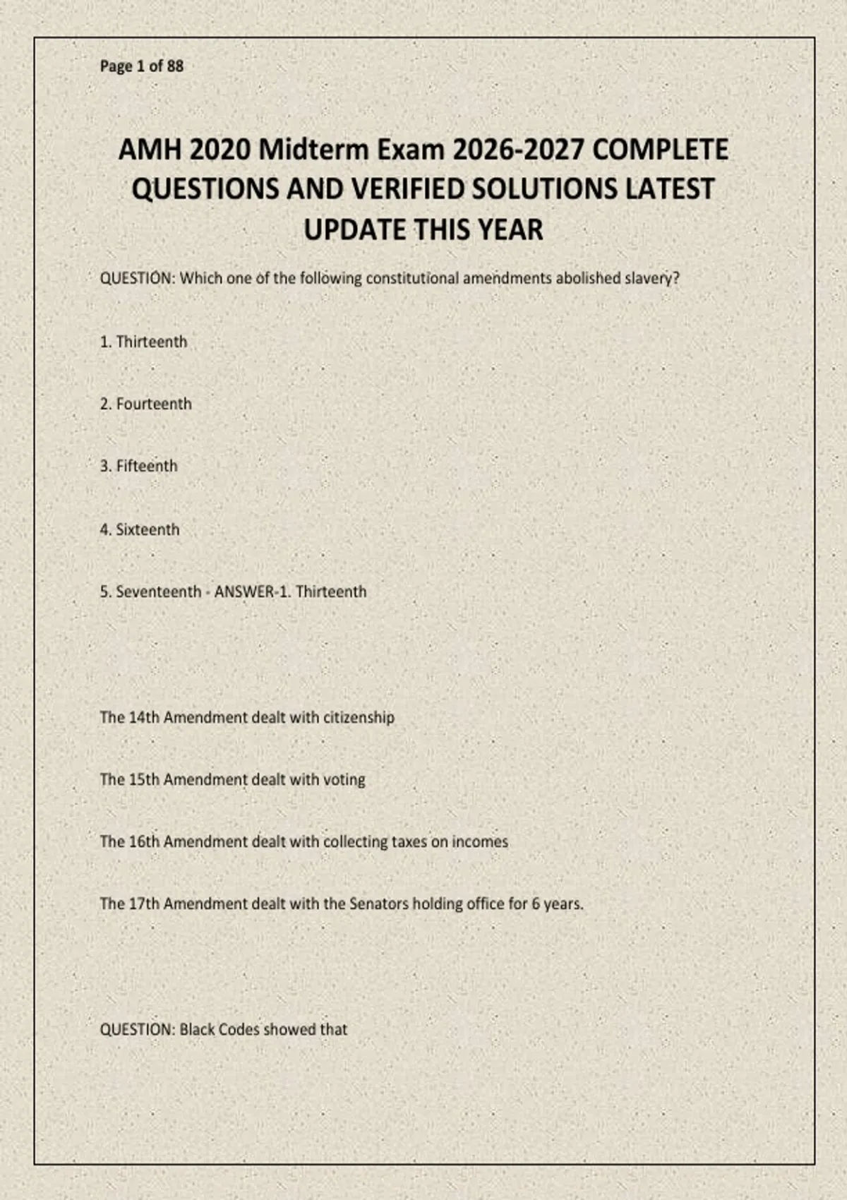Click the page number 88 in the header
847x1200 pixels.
coord(175,66)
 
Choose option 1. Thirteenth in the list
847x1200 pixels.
coord(144,342)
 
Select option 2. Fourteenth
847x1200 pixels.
coord(146,404)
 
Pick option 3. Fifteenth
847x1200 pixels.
coord(139,466)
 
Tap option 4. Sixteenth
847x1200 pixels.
coord(140,529)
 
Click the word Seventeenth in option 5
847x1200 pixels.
coord(158,592)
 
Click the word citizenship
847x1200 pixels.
coord(359,717)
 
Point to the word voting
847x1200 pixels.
coord(344,779)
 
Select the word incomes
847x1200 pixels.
coord(480,841)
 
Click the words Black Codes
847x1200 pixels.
coord(220,1029)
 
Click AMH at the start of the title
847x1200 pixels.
coord(150,150)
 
